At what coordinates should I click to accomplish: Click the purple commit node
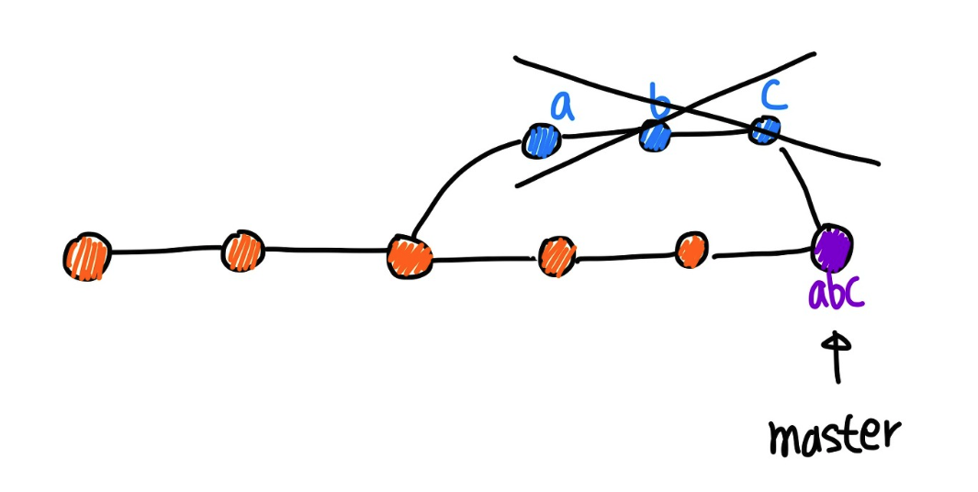pos(833,244)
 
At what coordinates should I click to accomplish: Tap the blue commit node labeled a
pos(542,140)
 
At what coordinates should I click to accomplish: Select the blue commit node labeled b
pos(655,138)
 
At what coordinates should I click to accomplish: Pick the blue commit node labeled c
pos(764,130)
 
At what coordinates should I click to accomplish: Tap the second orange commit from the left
pos(243,250)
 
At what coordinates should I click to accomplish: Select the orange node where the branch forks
pos(410,255)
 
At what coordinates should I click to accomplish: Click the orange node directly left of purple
pos(691,249)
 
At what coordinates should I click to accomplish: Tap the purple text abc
pos(837,294)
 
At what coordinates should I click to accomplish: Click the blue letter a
pos(562,108)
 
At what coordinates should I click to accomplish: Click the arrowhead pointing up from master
pos(836,341)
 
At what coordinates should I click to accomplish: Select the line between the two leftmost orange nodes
pos(165,251)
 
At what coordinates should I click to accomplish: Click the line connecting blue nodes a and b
pos(597,138)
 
